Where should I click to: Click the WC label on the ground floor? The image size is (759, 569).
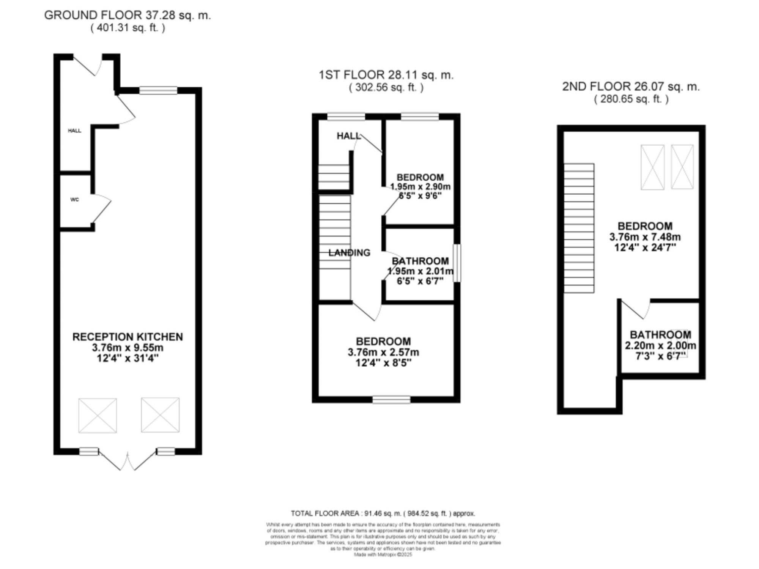click(75, 200)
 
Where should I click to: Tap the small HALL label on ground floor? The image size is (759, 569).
click(75, 131)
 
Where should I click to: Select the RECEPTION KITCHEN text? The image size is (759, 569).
click(128, 337)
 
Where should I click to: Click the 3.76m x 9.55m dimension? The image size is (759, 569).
click(128, 347)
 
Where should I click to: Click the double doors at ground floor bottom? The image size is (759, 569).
click(128, 461)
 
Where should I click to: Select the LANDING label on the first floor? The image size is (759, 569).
click(349, 253)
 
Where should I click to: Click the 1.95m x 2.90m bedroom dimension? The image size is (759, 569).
click(420, 187)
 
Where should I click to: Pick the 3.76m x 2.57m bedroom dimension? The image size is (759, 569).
click(383, 352)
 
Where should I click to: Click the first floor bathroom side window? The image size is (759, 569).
click(457, 263)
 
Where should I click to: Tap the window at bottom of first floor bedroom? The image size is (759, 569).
click(391, 400)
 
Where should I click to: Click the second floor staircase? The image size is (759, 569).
click(579, 228)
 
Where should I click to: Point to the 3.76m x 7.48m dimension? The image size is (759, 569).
click(645, 237)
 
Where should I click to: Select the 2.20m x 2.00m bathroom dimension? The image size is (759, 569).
click(660, 346)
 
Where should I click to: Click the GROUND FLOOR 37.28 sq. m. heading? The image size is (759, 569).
click(128, 16)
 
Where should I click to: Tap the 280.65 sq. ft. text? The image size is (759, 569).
click(631, 99)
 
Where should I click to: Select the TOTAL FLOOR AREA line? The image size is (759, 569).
click(383, 514)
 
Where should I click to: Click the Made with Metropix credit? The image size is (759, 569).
click(383, 555)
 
